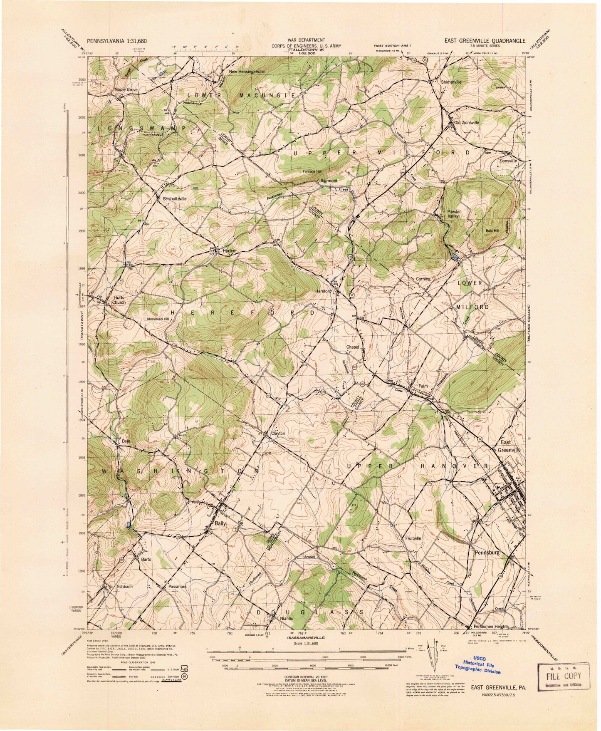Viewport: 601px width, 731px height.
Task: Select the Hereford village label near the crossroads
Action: (x=324, y=291)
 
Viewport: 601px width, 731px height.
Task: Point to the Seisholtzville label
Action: (x=173, y=199)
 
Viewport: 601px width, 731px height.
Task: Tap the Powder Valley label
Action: (x=454, y=214)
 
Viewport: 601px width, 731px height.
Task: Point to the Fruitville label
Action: (x=413, y=538)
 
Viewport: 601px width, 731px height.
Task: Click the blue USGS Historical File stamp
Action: (x=479, y=664)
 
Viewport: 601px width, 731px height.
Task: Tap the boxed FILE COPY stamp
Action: (x=564, y=676)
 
